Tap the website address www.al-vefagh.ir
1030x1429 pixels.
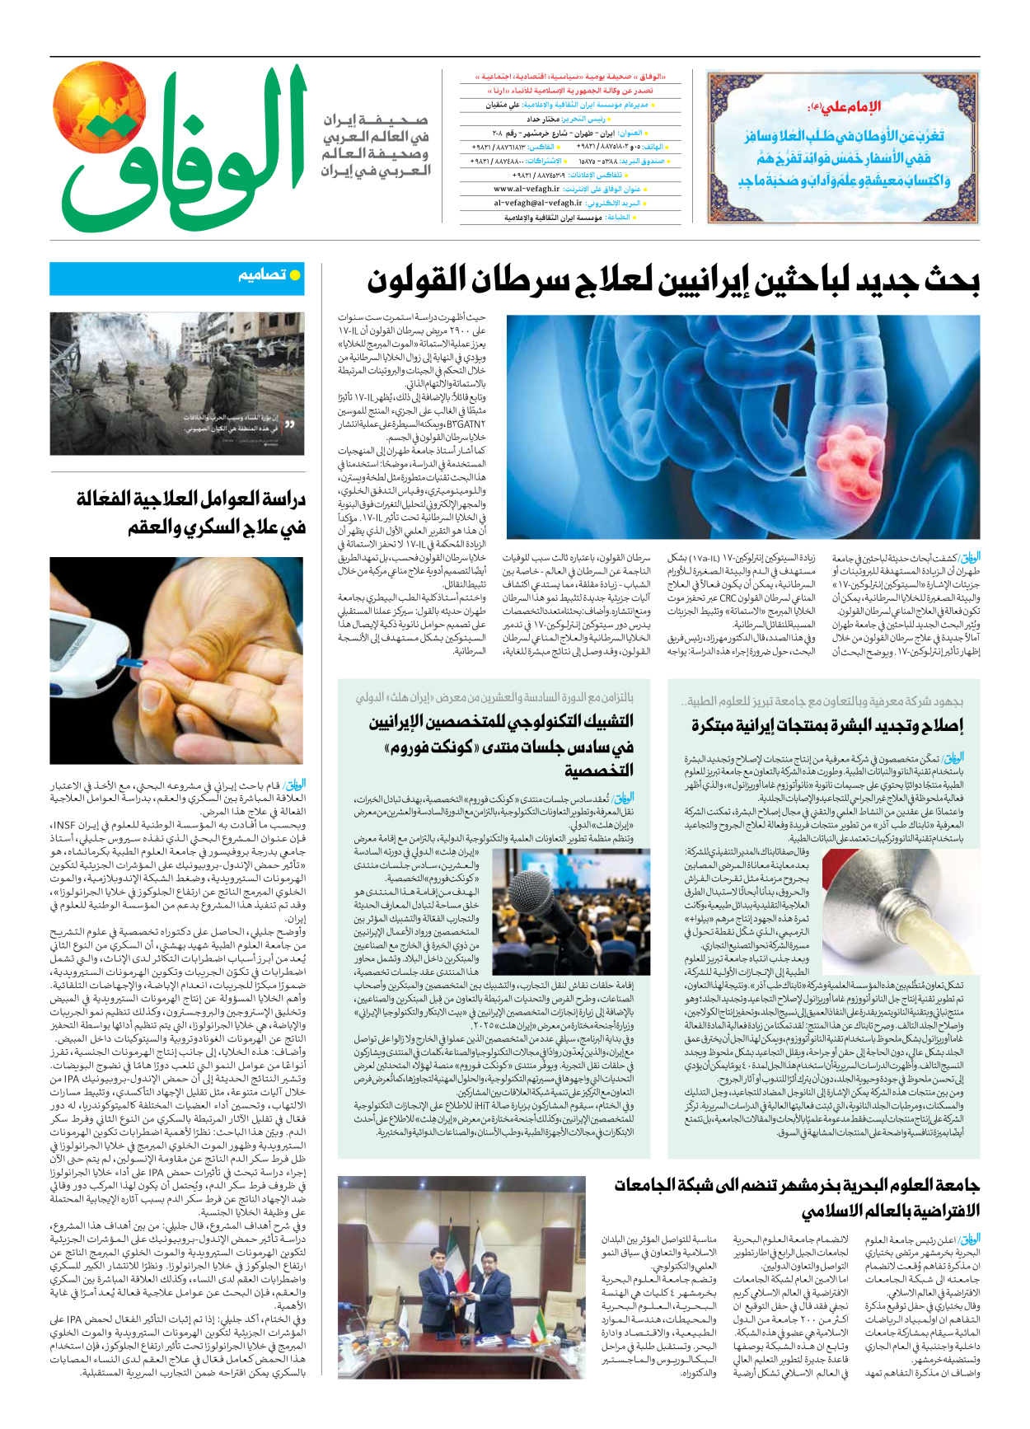[x=527, y=189]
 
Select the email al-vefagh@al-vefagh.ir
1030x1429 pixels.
[x=537, y=203]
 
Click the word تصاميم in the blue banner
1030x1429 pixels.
[x=261, y=275]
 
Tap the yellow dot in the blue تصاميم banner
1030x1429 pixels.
[x=295, y=275]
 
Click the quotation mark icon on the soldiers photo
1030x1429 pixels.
[x=290, y=424]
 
